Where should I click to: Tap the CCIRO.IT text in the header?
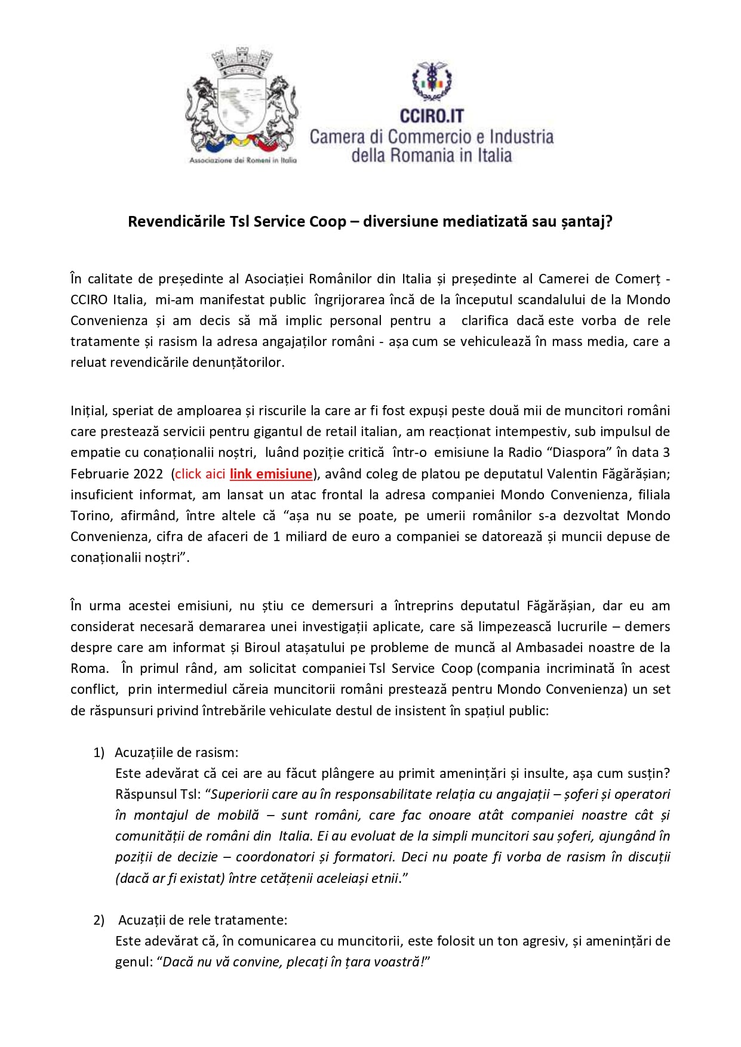pos(432,115)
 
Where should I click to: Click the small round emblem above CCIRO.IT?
pos(432,81)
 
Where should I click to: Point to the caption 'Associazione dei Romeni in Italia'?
pos(242,160)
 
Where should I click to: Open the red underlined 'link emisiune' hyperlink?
pos(271,474)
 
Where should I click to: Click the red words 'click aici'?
pos(200,474)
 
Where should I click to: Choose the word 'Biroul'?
pos(263,647)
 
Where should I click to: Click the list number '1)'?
pos(99,752)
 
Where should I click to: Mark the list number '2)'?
pos(99,920)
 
